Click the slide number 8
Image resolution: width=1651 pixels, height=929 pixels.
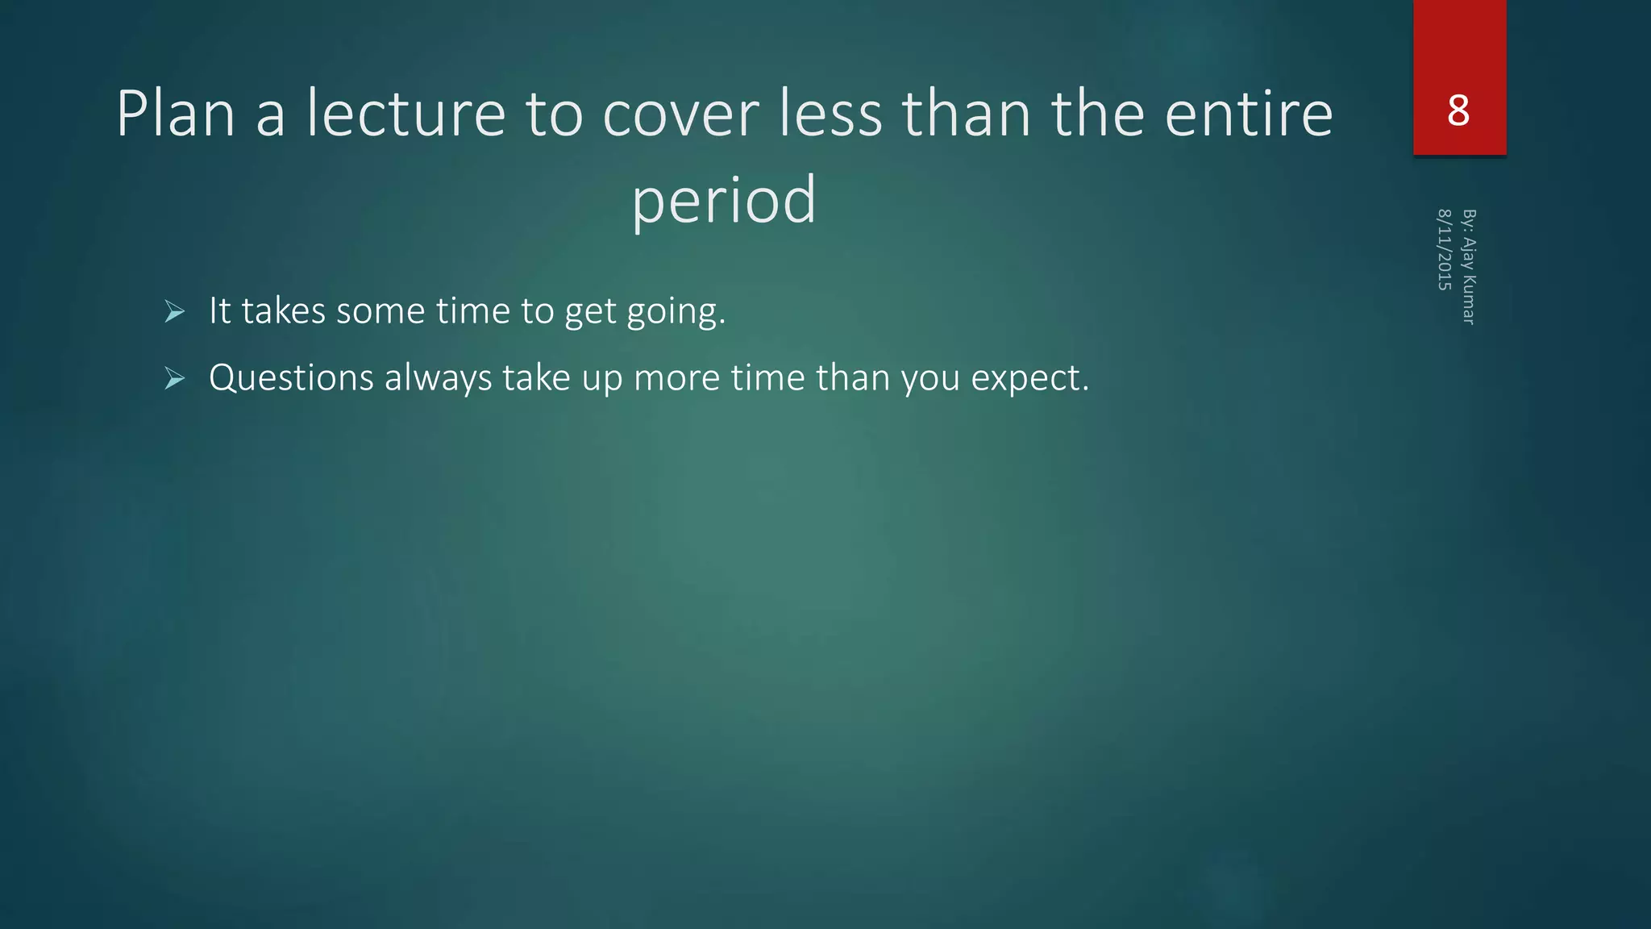(x=1458, y=110)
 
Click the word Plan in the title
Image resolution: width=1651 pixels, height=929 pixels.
(x=176, y=114)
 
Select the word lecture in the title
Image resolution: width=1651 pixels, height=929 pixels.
(x=405, y=114)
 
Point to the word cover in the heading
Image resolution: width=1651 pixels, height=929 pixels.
(x=680, y=114)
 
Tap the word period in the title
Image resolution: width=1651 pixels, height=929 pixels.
(x=724, y=200)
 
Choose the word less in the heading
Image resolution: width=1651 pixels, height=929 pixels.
(x=830, y=114)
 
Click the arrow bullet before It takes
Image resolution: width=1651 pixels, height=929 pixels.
(x=174, y=311)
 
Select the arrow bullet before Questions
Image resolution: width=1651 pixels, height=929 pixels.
(x=174, y=378)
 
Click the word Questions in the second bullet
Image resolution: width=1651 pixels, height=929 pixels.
(x=291, y=378)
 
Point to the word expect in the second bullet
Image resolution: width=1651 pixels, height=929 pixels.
(x=1029, y=379)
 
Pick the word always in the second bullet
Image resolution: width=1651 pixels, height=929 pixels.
(x=438, y=378)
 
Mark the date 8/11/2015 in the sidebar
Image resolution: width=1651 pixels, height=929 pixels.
(x=1445, y=250)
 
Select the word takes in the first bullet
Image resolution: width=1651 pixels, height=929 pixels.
(x=284, y=311)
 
